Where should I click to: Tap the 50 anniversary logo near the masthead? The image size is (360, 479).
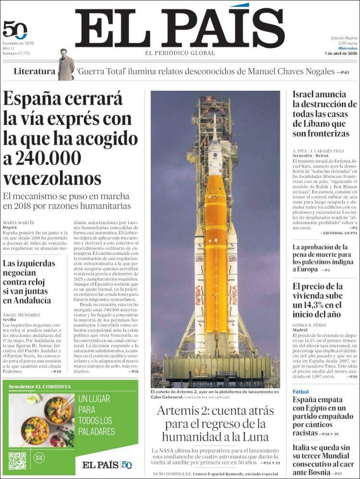coord(14,30)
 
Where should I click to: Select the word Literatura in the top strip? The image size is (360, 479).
coord(34,72)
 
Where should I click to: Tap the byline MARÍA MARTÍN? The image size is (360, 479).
coord(19,223)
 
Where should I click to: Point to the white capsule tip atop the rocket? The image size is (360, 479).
coord(215,144)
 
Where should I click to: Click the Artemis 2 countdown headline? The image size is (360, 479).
coord(215,424)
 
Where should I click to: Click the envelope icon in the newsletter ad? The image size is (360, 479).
coord(39,458)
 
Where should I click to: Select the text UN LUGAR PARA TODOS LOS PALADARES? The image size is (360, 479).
coord(96,415)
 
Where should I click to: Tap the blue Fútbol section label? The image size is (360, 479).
coord(301,392)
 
